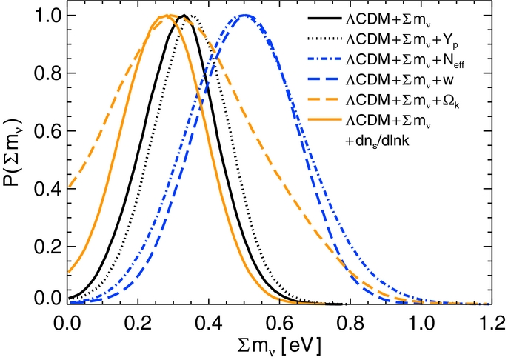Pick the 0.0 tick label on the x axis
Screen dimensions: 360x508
pyautogui.click(x=68, y=324)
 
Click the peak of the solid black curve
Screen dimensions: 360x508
pyautogui.click(x=183, y=16)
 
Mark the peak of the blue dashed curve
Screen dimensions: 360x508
pyautogui.click(x=244, y=16)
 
